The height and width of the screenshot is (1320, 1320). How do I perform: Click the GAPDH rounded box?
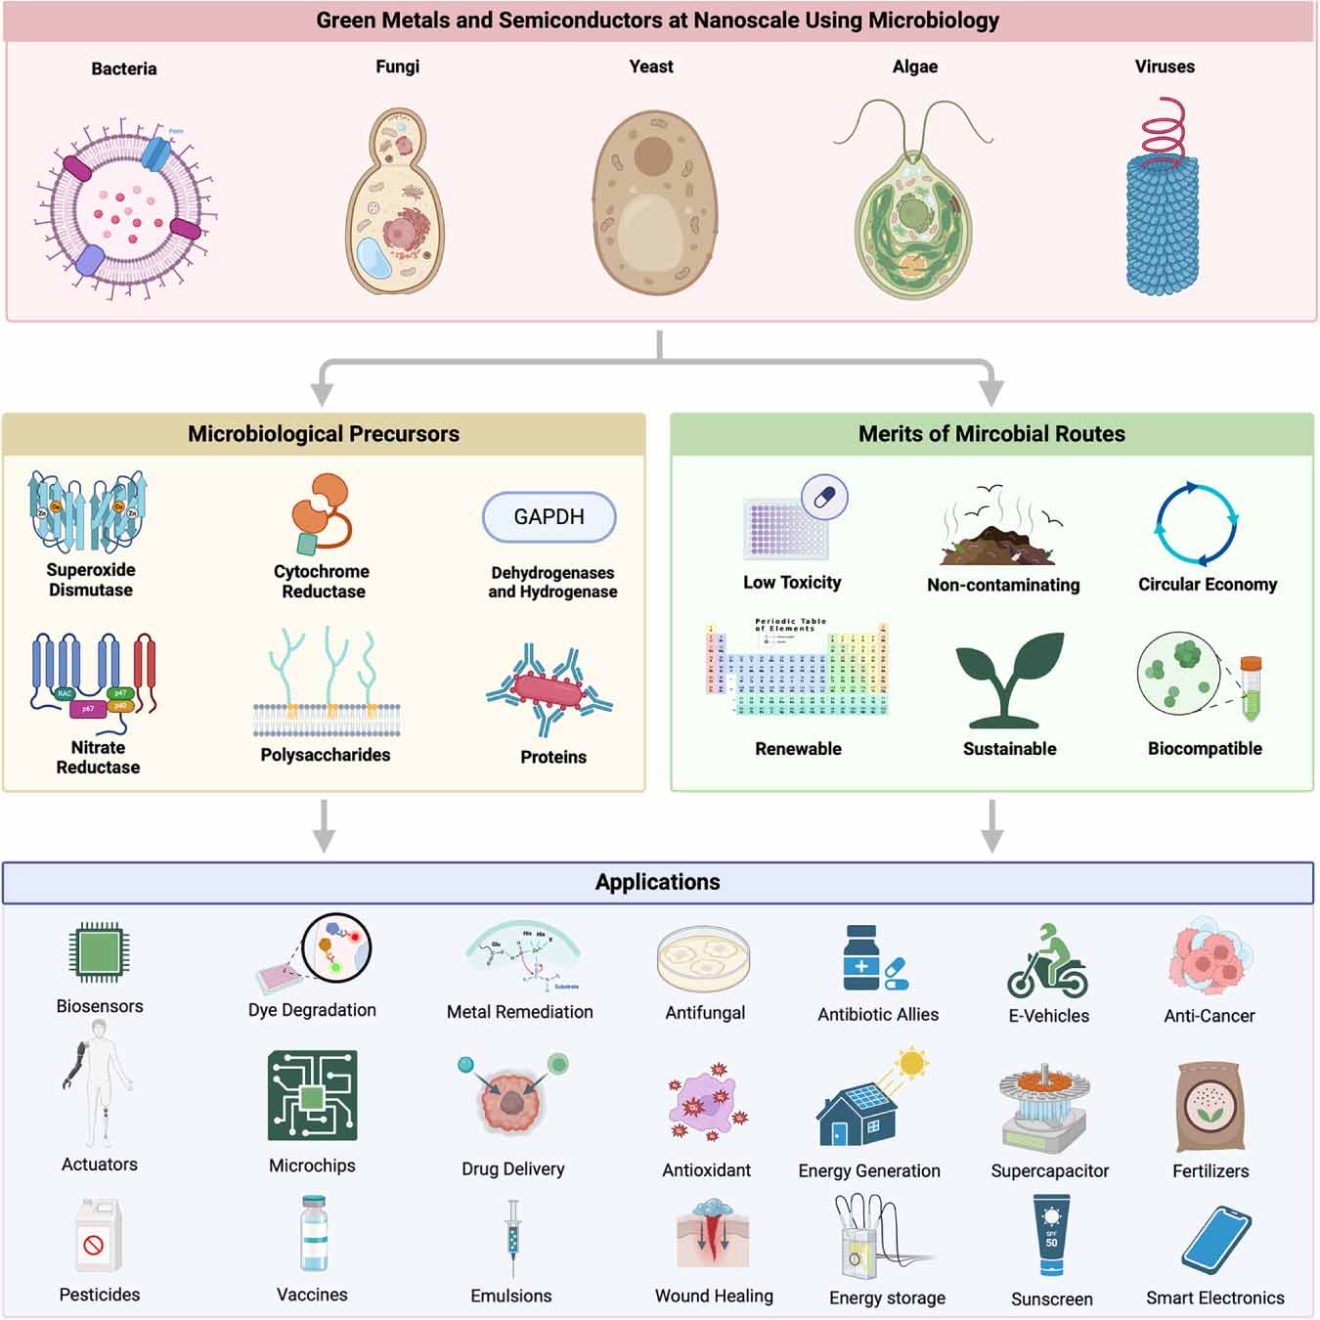click(549, 517)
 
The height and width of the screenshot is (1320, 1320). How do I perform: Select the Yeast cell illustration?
click(654, 203)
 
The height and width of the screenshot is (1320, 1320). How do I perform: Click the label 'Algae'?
click(914, 66)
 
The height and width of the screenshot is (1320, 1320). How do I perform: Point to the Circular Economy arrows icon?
click(1196, 524)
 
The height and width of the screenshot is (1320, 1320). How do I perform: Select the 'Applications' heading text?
click(657, 882)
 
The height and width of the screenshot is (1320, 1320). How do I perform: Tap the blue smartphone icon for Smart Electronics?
click(1215, 1241)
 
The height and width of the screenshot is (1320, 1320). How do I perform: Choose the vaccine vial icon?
click(314, 1234)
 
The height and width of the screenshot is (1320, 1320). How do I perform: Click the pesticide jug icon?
click(98, 1236)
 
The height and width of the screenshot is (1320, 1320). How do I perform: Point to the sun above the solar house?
click(911, 1062)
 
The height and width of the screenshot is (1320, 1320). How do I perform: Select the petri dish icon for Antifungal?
click(704, 959)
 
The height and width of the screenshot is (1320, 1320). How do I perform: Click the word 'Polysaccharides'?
click(325, 755)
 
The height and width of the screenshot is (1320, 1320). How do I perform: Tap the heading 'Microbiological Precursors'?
click(323, 434)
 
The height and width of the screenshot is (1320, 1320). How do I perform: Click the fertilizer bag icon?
click(1210, 1107)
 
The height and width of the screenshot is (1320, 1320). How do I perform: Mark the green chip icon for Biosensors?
click(99, 951)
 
